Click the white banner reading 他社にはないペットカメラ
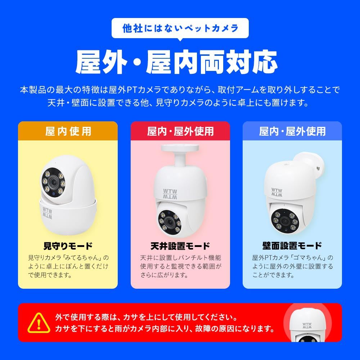click(x=180, y=28)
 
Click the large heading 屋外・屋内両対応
click(x=176, y=62)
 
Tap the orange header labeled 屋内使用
click(x=68, y=131)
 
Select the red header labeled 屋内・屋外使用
click(x=180, y=131)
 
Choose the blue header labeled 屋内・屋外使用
click(x=292, y=131)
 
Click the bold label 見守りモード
click(x=68, y=246)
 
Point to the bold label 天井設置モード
click(x=180, y=246)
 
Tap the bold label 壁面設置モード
click(x=292, y=246)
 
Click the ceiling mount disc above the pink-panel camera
click(x=180, y=148)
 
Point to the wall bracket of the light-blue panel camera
click(x=313, y=164)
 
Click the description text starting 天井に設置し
click(x=180, y=266)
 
